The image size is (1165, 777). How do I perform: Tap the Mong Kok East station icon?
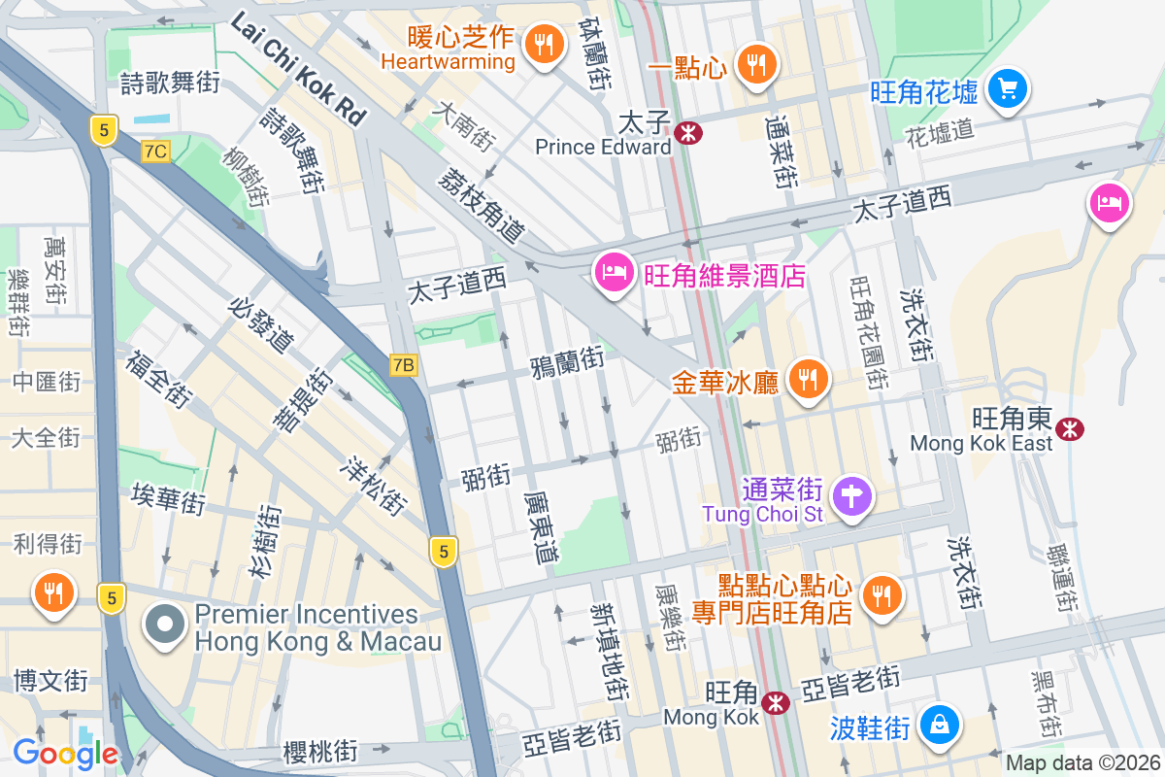(x=1071, y=428)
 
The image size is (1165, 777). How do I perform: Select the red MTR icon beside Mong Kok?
(x=775, y=703)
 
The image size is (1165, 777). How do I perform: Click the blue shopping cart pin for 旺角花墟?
(x=1007, y=90)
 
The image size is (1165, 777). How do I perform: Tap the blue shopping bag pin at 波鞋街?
(x=940, y=725)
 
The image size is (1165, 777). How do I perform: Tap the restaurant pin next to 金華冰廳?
(x=806, y=380)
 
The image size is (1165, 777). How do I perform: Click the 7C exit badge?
(x=155, y=151)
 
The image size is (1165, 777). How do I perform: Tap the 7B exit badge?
(x=404, y=365)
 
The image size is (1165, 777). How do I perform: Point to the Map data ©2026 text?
(x=1082, y=763)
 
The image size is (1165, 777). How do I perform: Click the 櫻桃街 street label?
(x=320, y=751)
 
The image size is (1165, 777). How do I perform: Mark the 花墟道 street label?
(x=939, y=133)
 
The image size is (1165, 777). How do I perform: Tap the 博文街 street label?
(x=50, y=680)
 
